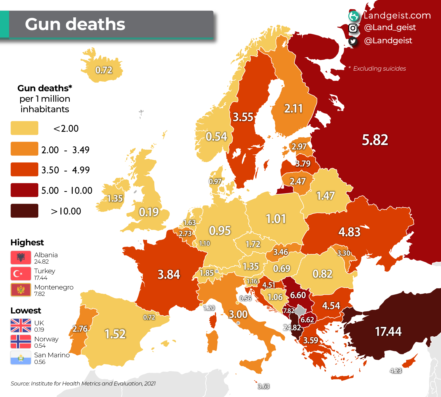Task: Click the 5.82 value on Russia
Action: click(375, 140)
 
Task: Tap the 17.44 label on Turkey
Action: click(388, 331)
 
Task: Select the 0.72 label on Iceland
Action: click(104, 70)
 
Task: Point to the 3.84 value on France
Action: click(169, 275)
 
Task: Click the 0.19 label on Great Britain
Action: click(149, 212)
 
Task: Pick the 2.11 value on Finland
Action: click(293, 109)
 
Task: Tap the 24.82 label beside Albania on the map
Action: click(292, 328)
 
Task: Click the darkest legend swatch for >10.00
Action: click(24, 211)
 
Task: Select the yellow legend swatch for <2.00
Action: click(24, 128)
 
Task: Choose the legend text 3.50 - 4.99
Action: click(65, 170)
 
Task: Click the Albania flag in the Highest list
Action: click(21, 257)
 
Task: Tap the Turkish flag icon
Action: click(21, 273)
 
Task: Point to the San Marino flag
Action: click(21, 358)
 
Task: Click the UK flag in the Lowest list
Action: click(21, 326)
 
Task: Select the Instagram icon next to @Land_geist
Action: click(353, 28)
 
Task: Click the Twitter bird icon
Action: click(353, 41)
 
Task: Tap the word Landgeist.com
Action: click(397, 15)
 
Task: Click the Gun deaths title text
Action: click(75, 24)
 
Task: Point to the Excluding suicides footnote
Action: click(379, 69)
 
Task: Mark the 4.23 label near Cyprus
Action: click(396, 371)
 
